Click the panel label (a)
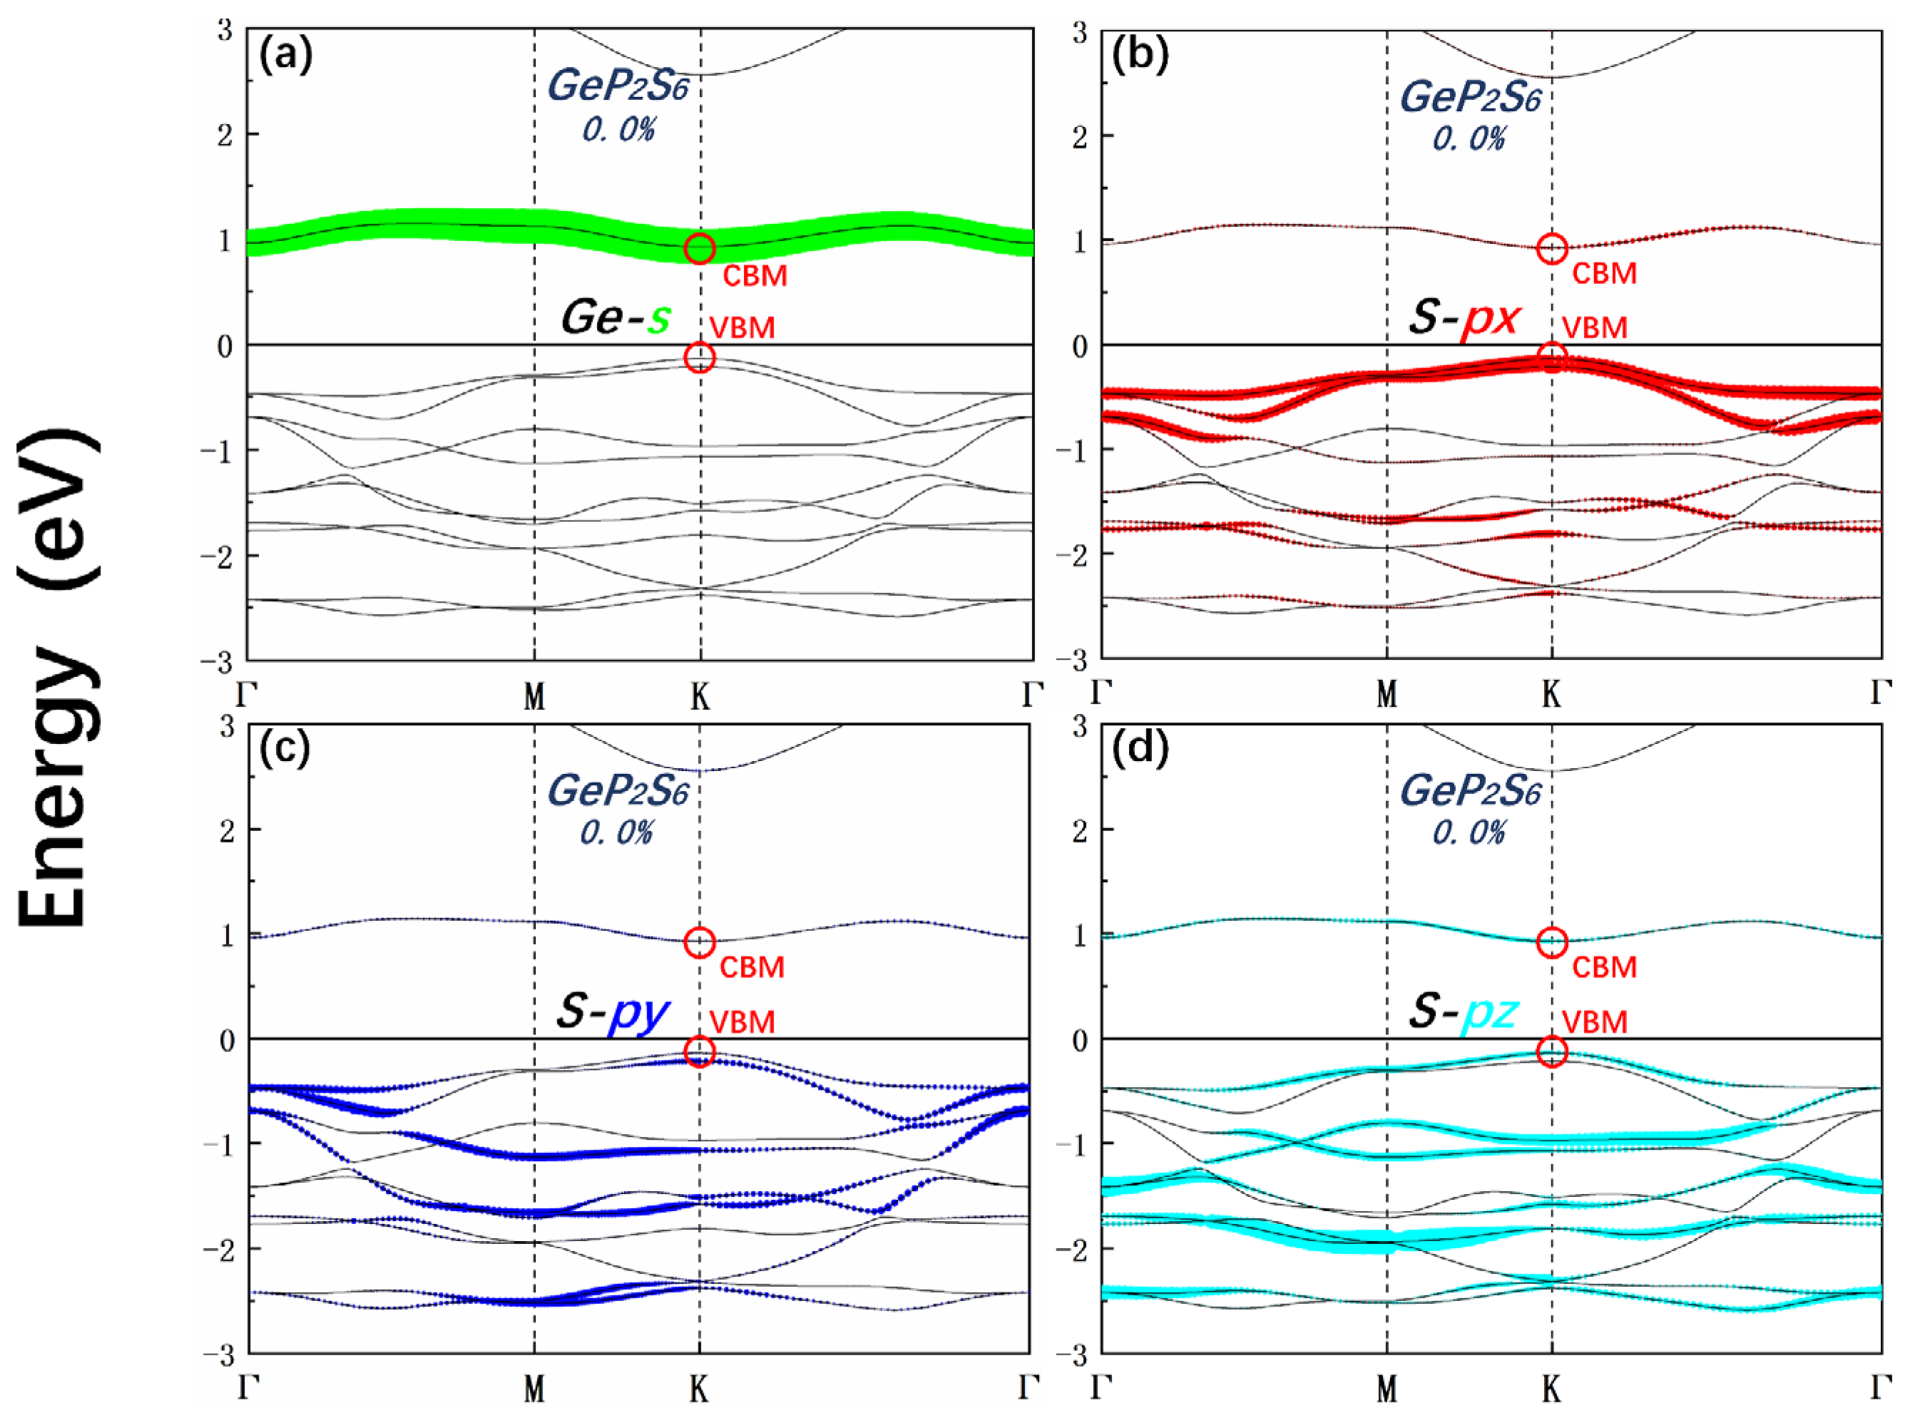click(285, 56)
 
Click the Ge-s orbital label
click(615, 317)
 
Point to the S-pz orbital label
click(1464, 1013)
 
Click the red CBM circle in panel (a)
click(699, 248)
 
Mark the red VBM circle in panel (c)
click(699, 1051)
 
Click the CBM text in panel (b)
click(1603, 274)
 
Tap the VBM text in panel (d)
click(1594, 1022)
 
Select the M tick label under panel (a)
click(535, 696)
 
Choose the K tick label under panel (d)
click(1551, 1389)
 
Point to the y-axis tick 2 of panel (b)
click(1080, 137)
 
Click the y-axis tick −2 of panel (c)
click(219, 1250)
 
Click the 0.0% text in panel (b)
click(1469, 138)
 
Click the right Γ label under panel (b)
click(1881, 693)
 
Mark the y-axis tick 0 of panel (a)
click(225, 346)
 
